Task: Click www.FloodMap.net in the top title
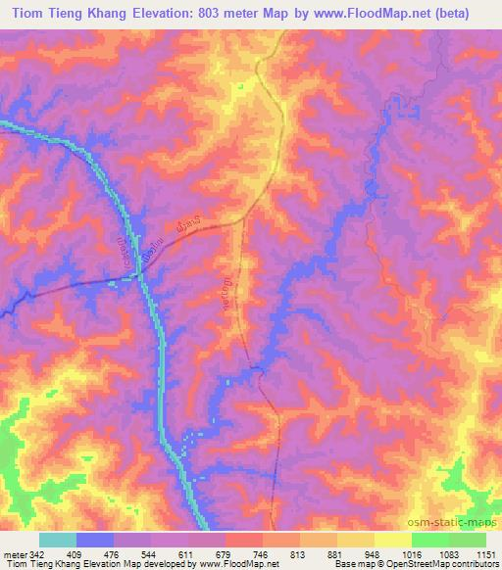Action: click(x=370, y=14)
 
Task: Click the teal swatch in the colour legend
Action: click(x=57, y=540)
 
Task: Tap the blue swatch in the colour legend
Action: click(x=94, y=540)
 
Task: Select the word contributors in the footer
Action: click(x=470, y=565)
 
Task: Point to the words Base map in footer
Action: click(x=350, y=565)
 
